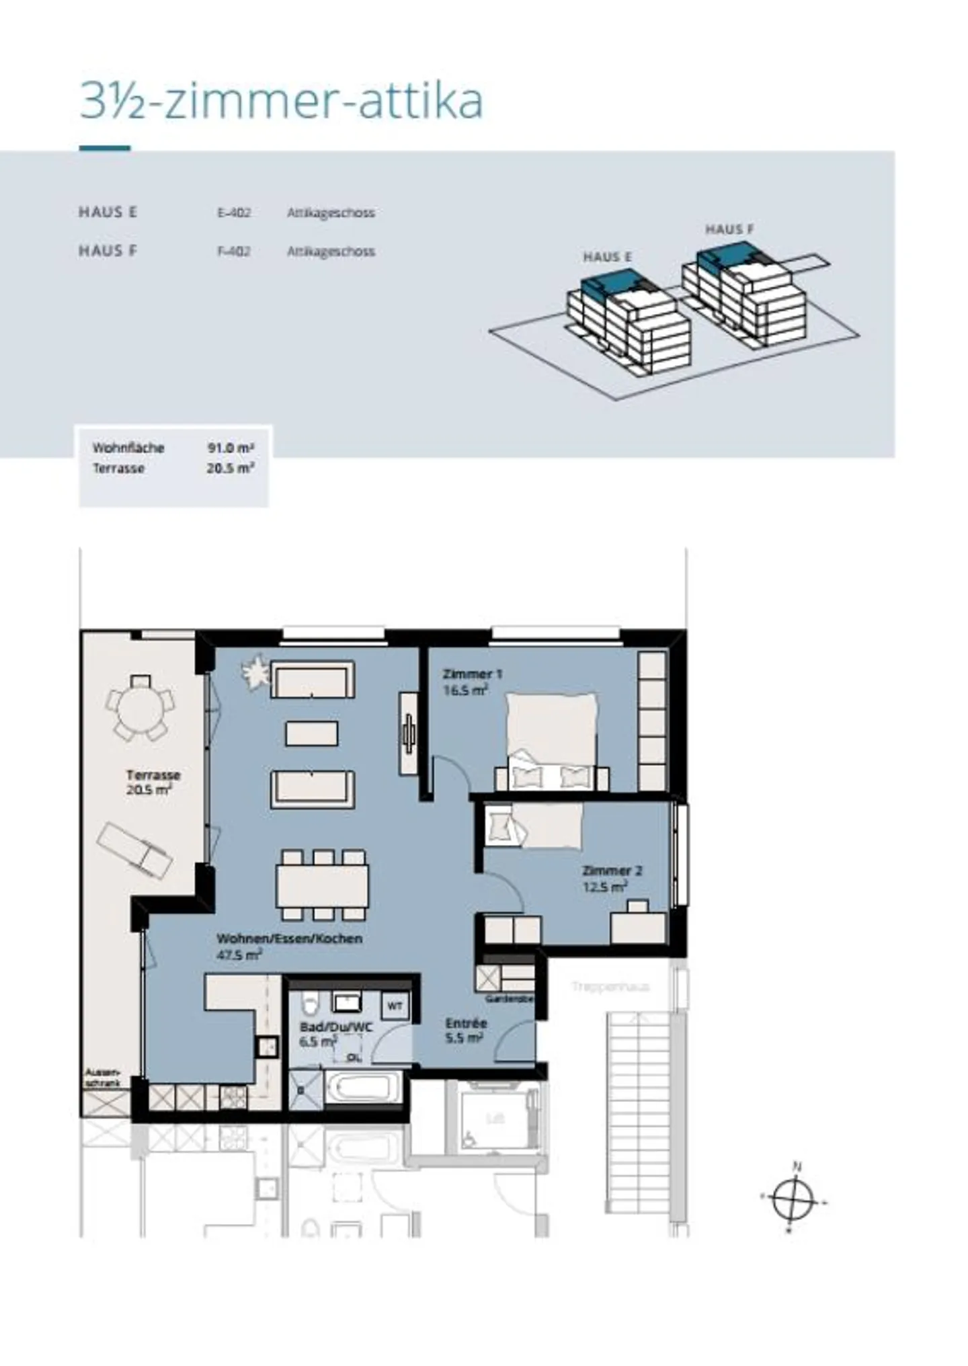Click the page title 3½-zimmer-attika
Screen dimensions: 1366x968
pyautogui.click(x=281, y=102)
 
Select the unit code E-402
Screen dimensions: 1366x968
pyautogui.click(x=233, y=213)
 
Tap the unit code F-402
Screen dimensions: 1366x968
pyautogui.click(x=233, y=251)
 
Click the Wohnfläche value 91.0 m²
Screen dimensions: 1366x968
pyautogui.click(x=230, y=448)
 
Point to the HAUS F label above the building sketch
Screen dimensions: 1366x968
pyautogui.click(x=729, y=229)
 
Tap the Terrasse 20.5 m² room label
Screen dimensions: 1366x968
pyautogui.click(x=152, y=782)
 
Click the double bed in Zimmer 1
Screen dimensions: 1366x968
pyautogui.click(x=551, y=739)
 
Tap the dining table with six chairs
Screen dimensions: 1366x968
pyautogui.click(x=322, y=885)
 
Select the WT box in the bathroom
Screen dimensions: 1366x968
pyautogui.click(x=395, y=1006)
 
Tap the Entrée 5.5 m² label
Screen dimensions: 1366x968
pyautogui.click(x=465, y=1030)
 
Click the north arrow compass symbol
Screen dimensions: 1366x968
pyautogui.click(x=793, y=1199)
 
